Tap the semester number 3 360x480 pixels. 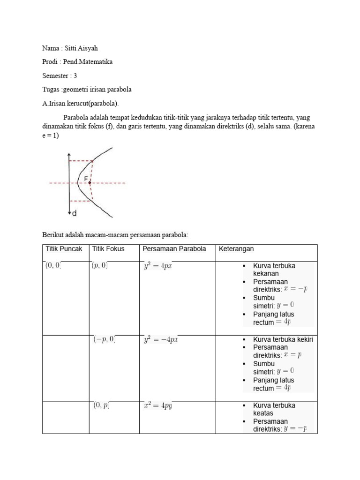tap(75, 75)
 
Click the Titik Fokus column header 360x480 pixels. tap(109, 249)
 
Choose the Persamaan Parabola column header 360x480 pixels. tap(174, 249)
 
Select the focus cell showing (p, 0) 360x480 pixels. tap(100, 266)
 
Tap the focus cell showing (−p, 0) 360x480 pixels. tap(105, 339)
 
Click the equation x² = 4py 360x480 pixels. tap(158, 405)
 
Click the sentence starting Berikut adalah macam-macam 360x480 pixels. tap(115, 234)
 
